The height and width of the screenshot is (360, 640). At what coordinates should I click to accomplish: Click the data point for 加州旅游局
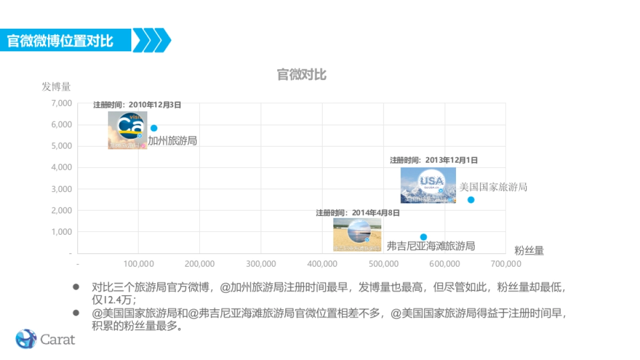coord(154,128)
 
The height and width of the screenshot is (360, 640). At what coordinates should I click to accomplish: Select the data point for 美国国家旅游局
coord(471,200)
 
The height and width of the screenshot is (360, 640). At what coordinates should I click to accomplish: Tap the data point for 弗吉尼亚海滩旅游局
coord(423,237)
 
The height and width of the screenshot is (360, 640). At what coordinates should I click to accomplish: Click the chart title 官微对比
coord(301,75)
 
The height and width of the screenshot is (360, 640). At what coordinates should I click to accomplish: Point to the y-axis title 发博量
coord(56,86)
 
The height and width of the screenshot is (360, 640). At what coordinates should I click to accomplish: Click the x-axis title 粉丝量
coord(529,251)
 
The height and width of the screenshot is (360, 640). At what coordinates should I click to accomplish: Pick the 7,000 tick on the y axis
coord(62,103)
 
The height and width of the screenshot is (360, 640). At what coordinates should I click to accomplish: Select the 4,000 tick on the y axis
coord(62,167)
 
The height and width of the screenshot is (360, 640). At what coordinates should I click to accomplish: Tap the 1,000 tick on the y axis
coord(62,232)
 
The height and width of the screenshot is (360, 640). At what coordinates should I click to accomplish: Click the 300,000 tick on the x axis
coord(261,263)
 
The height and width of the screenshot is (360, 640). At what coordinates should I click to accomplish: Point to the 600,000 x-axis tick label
coord(445,263)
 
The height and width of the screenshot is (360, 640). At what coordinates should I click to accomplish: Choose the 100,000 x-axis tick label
coord(138,263)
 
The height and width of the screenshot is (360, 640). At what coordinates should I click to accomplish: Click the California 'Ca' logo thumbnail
coord(127,130)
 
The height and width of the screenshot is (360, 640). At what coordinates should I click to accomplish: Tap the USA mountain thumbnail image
coord(428,185)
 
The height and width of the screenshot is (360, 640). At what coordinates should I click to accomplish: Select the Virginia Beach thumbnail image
coord(357,234)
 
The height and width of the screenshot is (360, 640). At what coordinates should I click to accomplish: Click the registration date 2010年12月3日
coord(137,105)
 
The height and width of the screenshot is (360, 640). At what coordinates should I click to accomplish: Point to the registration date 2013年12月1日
coord(434,160)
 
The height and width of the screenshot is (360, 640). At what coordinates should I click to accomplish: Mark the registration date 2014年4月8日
coord(357,213)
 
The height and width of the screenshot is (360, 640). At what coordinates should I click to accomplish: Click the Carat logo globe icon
coord(26,339)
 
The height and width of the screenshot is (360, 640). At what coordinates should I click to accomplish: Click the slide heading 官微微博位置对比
coord(60,41)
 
